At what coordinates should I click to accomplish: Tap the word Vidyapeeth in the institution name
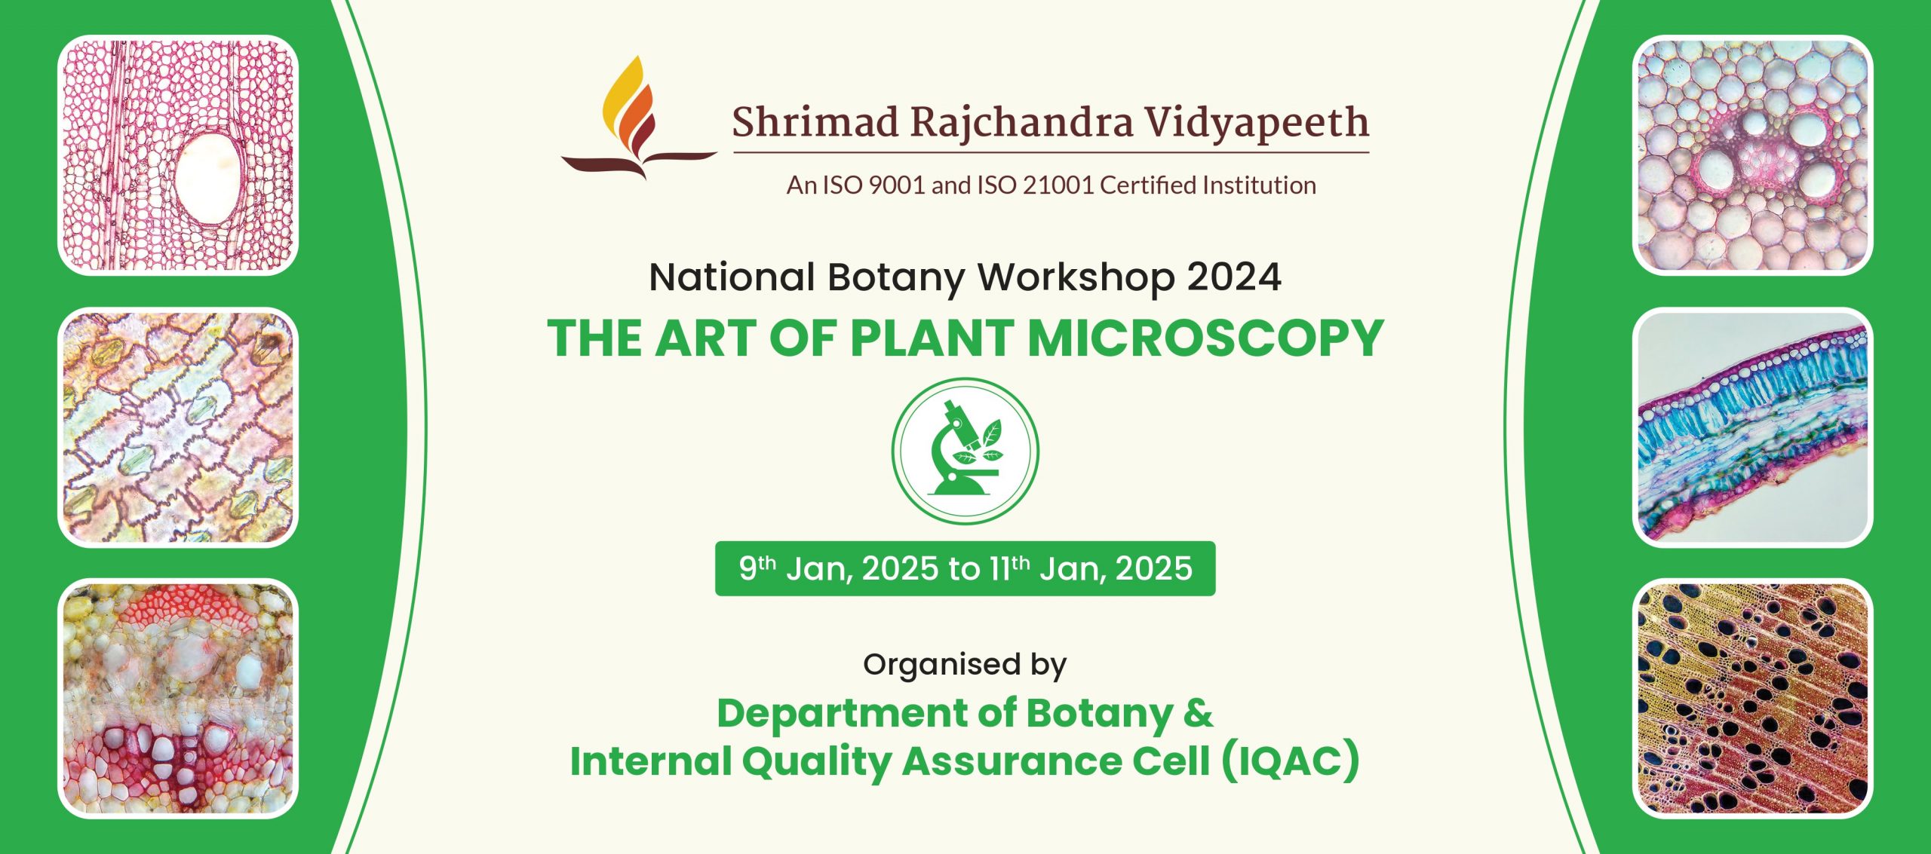point(1255,123)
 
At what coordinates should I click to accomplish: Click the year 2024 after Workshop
point(1234,277)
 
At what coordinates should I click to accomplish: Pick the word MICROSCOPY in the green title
point(1205,338)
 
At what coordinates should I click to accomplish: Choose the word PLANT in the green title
point(932,338)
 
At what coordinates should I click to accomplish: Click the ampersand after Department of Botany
point(1198,712)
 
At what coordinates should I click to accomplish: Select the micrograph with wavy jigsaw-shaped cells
point(178,427)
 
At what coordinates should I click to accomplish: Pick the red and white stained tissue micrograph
point(178,699)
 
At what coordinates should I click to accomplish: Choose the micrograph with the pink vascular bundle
point(1752,155)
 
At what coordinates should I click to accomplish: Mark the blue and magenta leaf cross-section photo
point(1752,427)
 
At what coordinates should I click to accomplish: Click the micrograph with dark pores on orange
point(1752,699)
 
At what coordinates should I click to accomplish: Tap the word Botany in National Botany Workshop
point(896,278)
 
